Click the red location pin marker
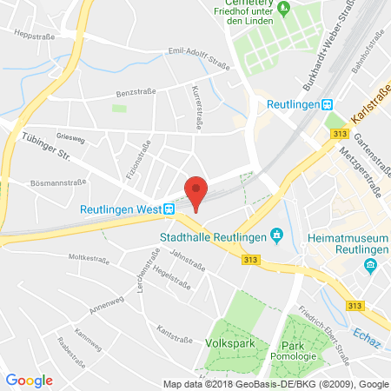pyautogui.click(x=198, y=192)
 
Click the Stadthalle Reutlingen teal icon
pyautogui.click(x=276, y=235)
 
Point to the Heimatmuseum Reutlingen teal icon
pyautogui.click(x=372, y=263)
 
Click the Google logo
pyautogui.click(x=30, y=380)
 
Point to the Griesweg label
pyautogui.click(x=56, y=135)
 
